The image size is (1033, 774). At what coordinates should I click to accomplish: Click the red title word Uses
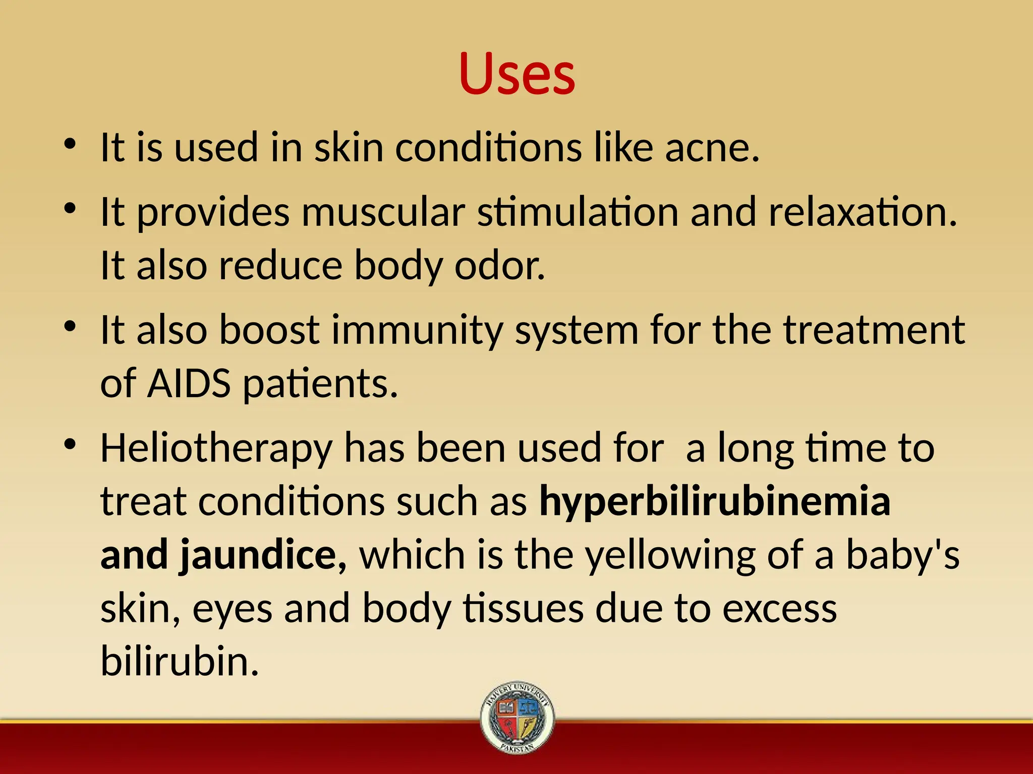click(x=517, y=74)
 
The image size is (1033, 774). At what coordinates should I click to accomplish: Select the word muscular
click(x=383, y=212)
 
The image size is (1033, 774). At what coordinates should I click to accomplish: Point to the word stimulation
click(x=578, y=212)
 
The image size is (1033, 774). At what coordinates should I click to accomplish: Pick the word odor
click(x=499, y=266)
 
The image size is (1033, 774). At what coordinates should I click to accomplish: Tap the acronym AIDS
click(x=189, y=383)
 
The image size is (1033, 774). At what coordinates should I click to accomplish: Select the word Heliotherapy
click(x=216, y=448)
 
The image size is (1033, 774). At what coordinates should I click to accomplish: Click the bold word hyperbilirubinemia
click(x=715, y=502)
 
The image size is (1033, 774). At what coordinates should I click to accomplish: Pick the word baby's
click(x=902, y=554)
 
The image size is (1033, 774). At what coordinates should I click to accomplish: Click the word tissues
click(x=523, y=609)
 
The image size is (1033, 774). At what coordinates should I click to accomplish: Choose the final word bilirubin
click(x=180, y=661)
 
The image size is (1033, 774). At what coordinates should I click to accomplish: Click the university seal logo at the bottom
click(x=517, y=718)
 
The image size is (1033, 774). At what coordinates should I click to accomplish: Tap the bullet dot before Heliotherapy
click(x=70, y=444)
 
